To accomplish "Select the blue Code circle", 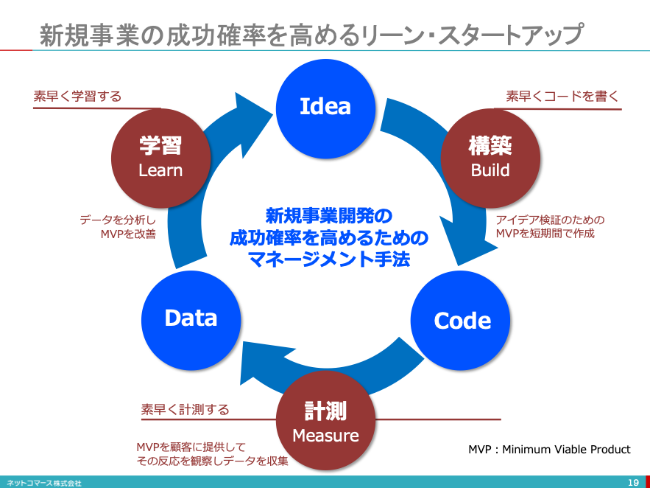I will point(462,320).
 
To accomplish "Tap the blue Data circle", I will point(191,318).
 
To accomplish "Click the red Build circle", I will point(490,157).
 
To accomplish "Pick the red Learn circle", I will point(160,157).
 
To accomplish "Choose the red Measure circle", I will point(325,422).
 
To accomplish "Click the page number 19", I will point(632,482).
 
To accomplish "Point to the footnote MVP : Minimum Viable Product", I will point(549,449).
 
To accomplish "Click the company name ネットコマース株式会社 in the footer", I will point(44,483).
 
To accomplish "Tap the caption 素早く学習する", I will point(77,97).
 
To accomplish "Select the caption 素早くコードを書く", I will point(562,97).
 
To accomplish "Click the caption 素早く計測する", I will point(185,409).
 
